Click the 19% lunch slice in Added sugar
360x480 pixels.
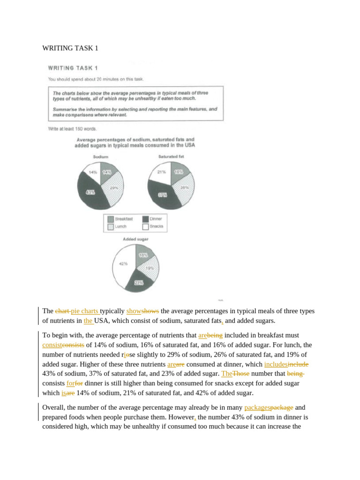(x=149, y=268)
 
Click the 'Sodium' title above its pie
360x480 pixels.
(x=101, y=157)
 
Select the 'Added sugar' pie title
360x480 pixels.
(x=135, y=239)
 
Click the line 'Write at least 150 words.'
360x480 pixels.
(x=72, y=128)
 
